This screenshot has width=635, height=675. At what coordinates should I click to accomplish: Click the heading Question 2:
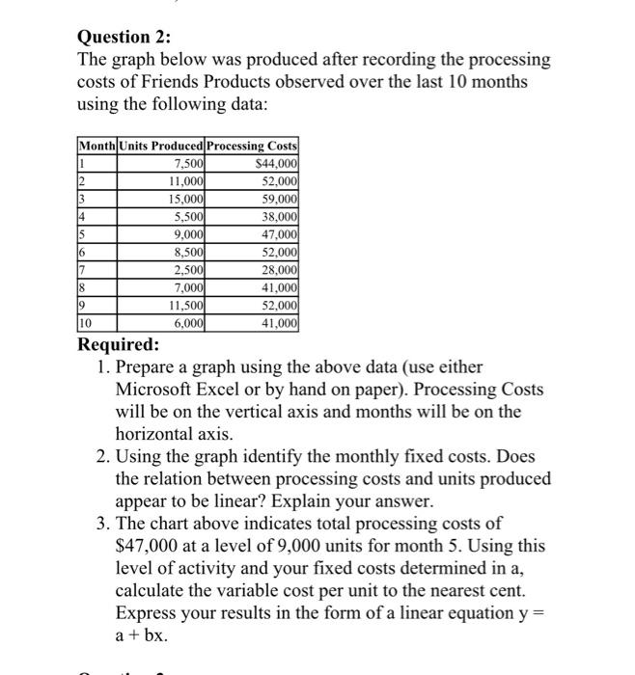tap(124, 38)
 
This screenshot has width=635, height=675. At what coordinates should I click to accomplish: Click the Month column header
tap(96, 146)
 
